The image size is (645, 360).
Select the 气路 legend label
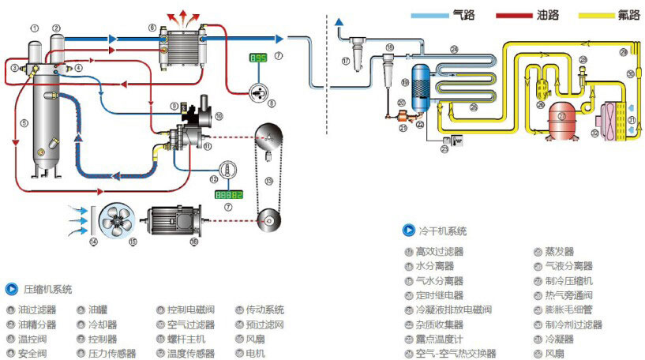(x=463, y=15)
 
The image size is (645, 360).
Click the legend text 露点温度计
(x=439, y=339)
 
